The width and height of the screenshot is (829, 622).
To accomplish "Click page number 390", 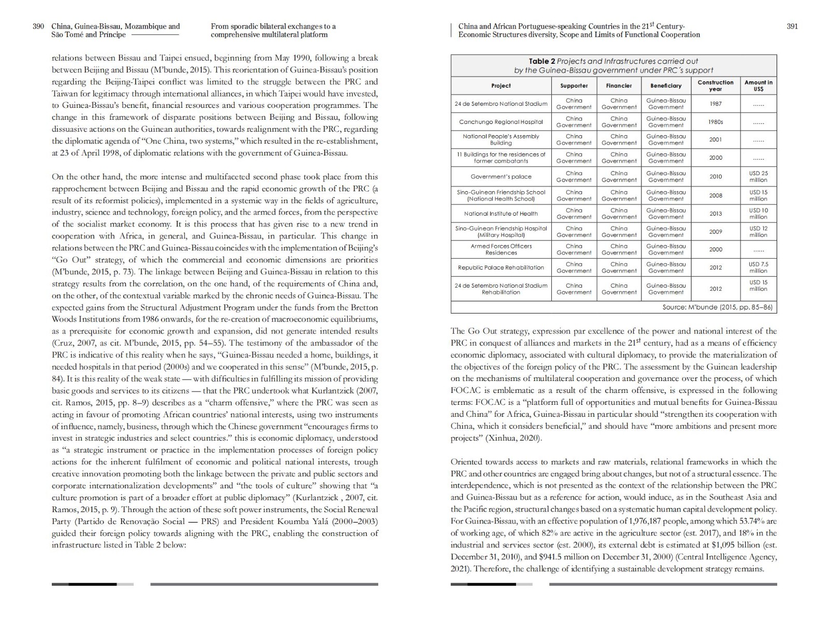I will (x=38, y=26).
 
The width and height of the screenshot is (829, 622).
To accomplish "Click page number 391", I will (x=792, y=26).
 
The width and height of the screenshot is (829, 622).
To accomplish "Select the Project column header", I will (x=501, y=86).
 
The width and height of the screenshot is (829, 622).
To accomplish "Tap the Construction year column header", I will (x=716, y=86).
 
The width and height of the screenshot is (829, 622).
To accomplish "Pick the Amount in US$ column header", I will (x=758, y=86).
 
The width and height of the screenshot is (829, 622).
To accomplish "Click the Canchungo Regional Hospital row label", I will (x=501, y=122).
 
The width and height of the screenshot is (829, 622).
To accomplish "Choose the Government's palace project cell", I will (x=501, y=177).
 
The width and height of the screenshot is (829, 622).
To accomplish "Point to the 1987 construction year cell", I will (x=716, y=104).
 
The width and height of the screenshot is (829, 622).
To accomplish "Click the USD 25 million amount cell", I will (x=758, y=177).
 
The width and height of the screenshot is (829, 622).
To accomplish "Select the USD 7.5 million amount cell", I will (x=758, y=267).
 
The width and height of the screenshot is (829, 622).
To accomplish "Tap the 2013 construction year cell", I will (x=716, y=214).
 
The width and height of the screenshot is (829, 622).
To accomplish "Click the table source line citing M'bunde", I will (x=717, y=307).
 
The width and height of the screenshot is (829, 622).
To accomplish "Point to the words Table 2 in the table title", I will (x=541, y=61).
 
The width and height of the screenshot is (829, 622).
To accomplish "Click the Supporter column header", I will (x=574, y=86).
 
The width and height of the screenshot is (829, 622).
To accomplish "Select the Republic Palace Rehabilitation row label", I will (x=501, y=267).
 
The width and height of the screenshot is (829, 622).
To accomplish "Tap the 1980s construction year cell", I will (x=716, y=122).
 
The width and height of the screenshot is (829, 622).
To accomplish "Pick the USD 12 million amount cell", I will (x=758, y=232).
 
